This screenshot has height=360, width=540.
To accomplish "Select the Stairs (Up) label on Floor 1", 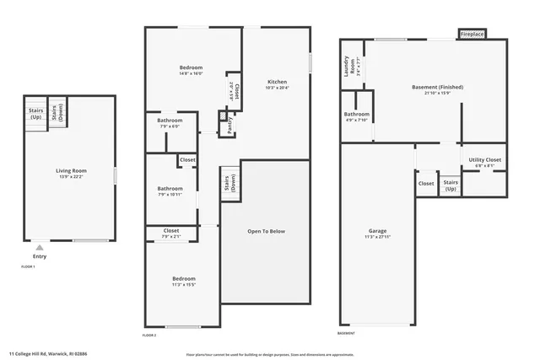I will pos(35,113).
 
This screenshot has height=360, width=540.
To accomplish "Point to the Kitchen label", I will pos(277,82).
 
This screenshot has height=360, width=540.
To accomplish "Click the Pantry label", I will pos(229,125).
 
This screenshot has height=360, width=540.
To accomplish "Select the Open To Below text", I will pos(265,230).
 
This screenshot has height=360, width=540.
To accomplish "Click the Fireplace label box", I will pos(472,35).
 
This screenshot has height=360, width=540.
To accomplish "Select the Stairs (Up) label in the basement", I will pos(451,185).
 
